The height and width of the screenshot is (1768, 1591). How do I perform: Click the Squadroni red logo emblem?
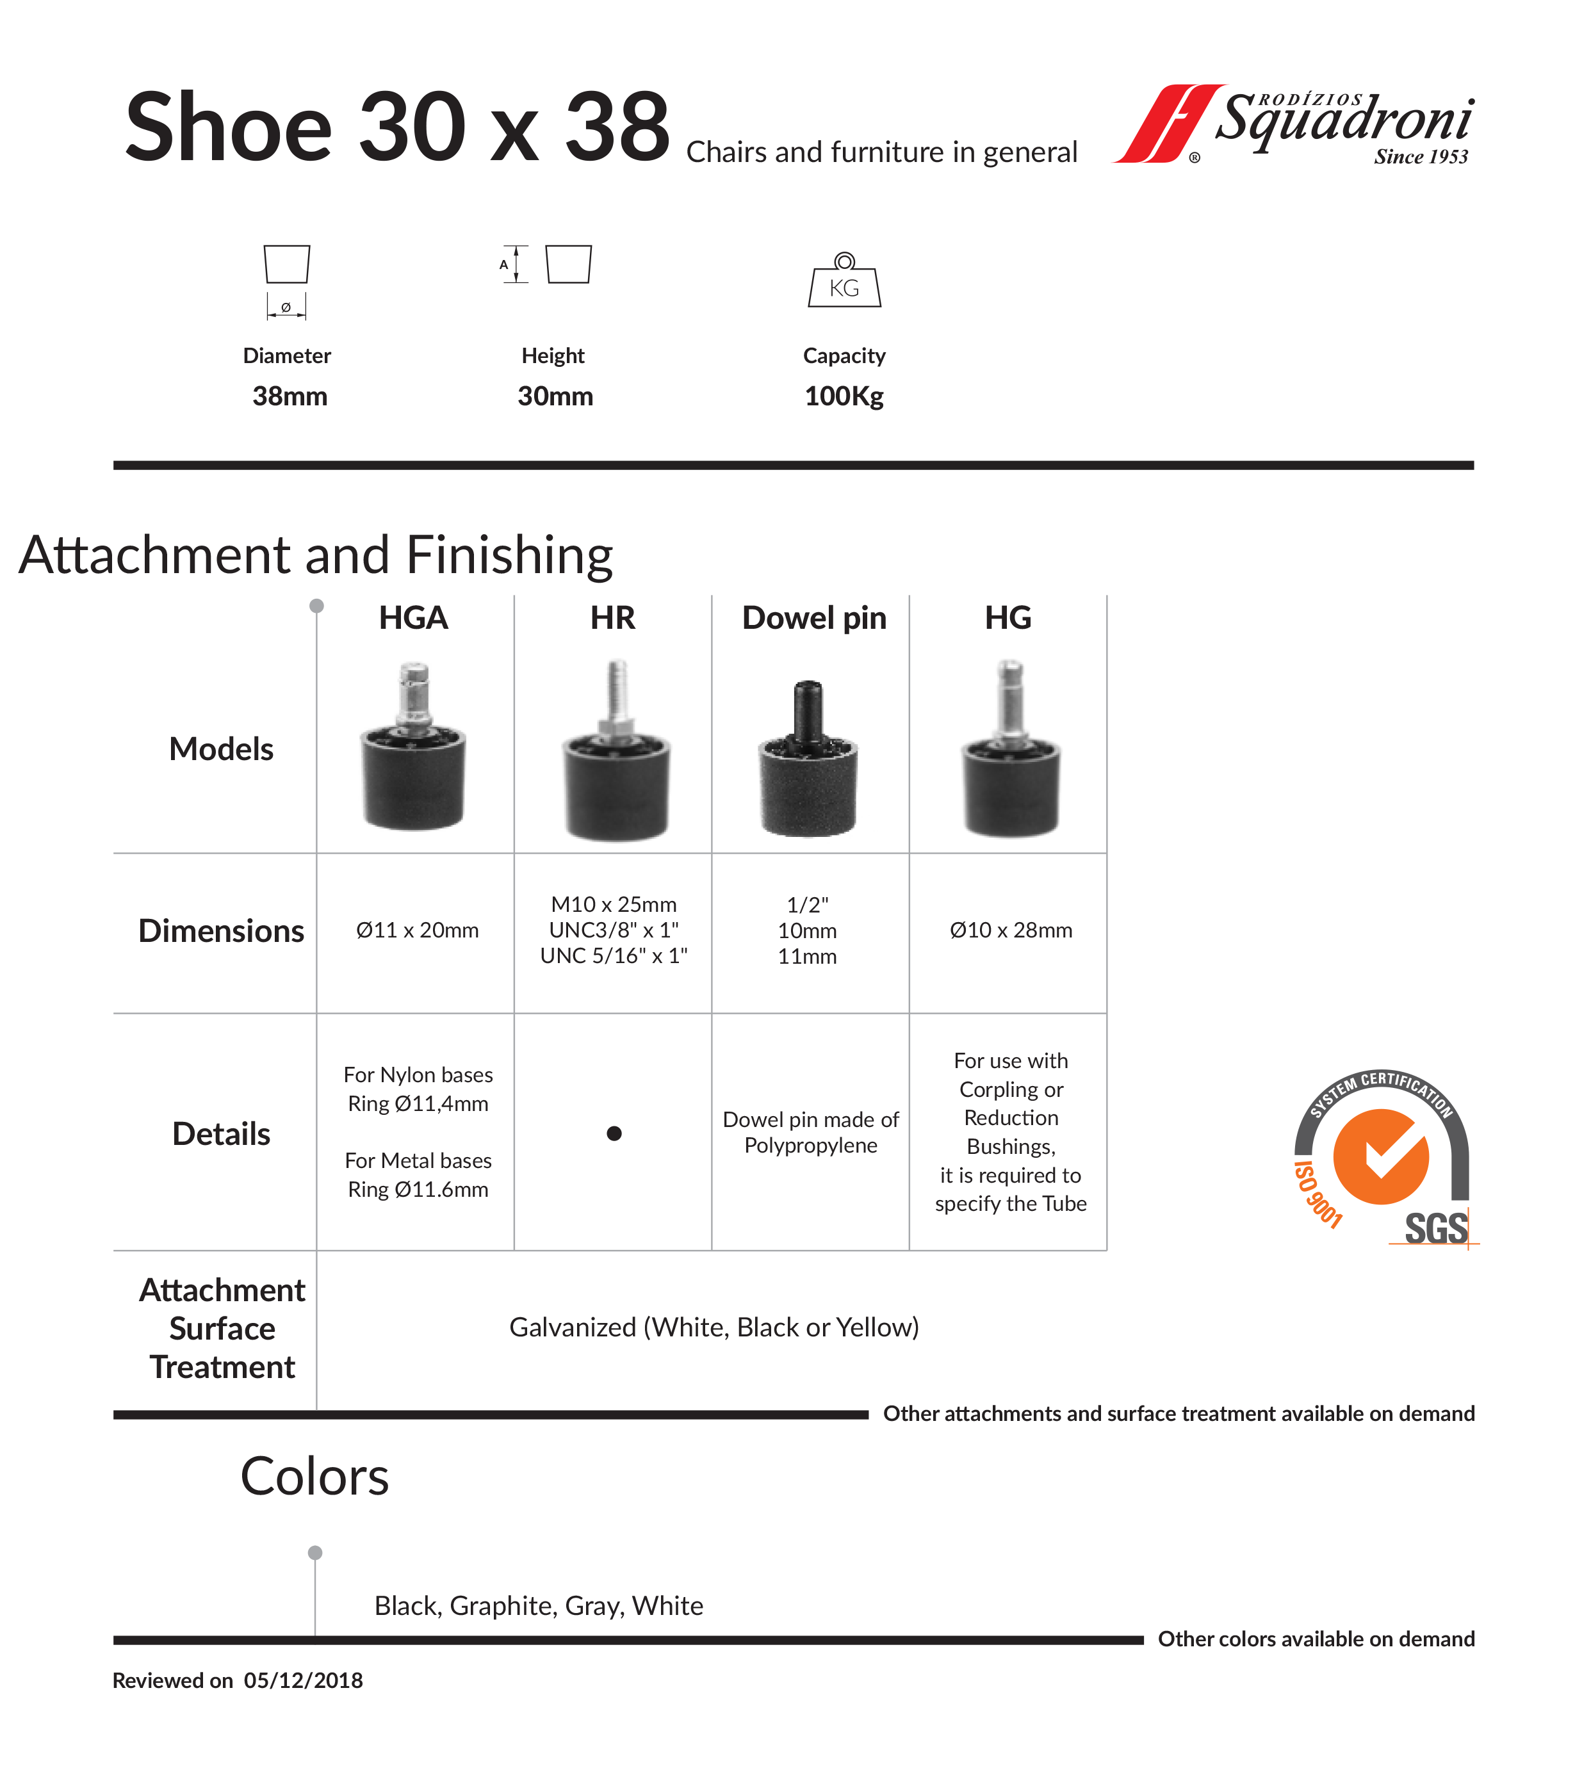tap(1168, 124)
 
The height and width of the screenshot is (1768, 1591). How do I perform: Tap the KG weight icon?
tap(844, 281)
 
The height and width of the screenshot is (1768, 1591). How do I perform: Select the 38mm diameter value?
tap(290, 396)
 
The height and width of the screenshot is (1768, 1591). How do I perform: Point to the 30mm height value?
tap(555, 396)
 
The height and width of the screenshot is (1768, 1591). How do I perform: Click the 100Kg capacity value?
tap(844, 396)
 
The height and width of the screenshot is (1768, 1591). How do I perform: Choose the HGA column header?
tap(414, 618)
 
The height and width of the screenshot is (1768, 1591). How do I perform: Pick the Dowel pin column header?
tap(814, 618)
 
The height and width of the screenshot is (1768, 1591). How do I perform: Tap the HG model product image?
tap(1011, 752)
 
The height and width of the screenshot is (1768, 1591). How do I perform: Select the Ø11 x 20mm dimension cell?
tap(417, 930)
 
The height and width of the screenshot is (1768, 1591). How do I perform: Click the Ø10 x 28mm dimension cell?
tap(1011, 930)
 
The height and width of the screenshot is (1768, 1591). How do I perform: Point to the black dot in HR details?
tap(614, 1133)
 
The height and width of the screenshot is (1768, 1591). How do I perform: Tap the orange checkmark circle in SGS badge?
tap(1380, 1156)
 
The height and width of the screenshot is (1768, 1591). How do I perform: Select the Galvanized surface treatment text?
tap(714, 1327)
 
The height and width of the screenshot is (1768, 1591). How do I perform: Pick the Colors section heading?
tap(314, 1477)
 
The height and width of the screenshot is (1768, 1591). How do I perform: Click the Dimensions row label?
tap(221, 931)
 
